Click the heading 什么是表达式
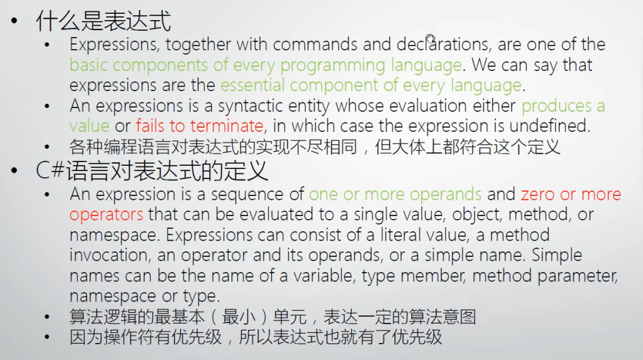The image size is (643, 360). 104,21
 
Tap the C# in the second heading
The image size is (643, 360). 50,170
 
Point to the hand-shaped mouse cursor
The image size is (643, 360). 430,38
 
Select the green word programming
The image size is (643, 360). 332,65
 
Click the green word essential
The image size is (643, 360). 252,85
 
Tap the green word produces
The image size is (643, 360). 556,107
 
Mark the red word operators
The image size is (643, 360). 106,215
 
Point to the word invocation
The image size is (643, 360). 108,255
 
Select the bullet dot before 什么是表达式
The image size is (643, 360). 15,21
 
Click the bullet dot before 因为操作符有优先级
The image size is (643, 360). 47,337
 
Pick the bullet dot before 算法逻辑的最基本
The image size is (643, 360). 47,317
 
